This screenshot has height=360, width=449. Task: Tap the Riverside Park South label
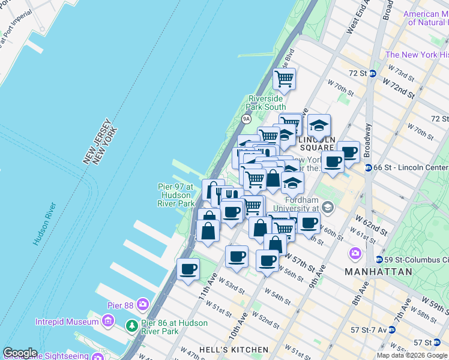[267, 103]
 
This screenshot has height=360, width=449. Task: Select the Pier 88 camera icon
[142, 305]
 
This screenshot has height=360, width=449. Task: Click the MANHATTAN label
[379, 272]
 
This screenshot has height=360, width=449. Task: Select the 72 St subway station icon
[373, 74]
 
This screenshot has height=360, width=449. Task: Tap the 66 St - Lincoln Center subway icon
[367, 167]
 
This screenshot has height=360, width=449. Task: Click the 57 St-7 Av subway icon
[391, 329]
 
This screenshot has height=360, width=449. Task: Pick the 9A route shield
[246, 119]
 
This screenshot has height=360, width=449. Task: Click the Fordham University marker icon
[328, 208]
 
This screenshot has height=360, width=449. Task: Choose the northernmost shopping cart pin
[285, 79]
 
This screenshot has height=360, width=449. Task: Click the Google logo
[20, 353]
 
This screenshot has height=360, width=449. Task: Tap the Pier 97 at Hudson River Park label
[175, 195]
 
